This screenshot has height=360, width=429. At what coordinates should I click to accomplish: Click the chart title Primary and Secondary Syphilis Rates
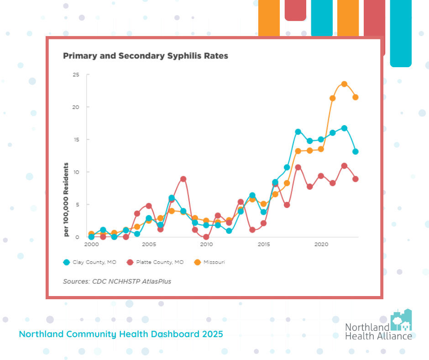coord(145,56)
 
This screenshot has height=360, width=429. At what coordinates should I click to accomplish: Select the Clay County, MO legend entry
coord(89,262)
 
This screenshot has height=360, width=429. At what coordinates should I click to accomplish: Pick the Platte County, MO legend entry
coord(155,262)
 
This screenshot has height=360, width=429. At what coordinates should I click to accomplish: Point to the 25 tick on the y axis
coord(76,74)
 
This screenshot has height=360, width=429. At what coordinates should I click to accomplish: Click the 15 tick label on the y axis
coord(76,139)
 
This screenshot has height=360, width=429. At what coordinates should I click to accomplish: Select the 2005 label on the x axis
coord(149,244)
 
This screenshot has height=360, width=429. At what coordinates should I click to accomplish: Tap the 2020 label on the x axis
coord(322,244)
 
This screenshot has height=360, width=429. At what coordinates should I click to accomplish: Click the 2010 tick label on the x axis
coord(206,244)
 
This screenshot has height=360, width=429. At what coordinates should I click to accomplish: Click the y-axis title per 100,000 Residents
coord(66,199)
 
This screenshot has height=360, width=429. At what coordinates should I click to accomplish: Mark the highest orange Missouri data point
coord(344,84)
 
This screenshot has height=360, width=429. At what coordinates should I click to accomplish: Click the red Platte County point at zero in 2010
coord(206,237)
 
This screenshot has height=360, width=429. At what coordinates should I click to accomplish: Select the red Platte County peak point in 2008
coord(183,179)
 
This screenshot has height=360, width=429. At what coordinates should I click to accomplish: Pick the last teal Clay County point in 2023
coord(356,152)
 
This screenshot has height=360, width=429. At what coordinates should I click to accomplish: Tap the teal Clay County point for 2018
coord(298,132)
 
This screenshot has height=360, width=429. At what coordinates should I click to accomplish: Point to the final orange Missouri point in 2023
coord(356,97)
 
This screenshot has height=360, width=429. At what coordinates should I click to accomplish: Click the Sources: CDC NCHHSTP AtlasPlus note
coord(117,281)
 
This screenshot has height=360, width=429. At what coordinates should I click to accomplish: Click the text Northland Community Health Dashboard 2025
coord(121,334)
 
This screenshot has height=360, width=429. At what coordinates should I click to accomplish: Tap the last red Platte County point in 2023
coord(356,179)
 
